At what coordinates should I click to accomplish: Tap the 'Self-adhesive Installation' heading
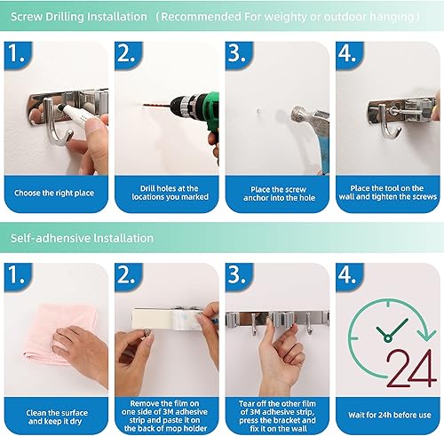click(x=82, y=238)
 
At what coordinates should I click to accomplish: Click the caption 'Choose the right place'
click(x=56, y=191)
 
